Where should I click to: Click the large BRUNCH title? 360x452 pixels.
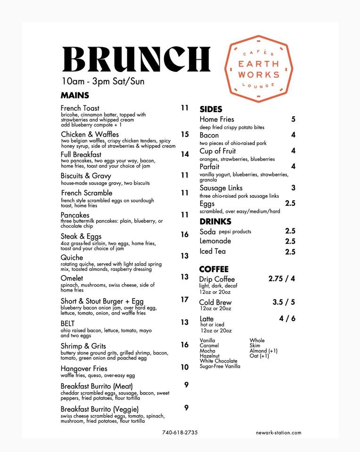(136, 59)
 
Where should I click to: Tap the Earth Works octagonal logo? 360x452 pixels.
(259, 69)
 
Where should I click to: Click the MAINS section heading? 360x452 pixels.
(75, 95)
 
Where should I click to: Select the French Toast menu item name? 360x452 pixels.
(80, 108)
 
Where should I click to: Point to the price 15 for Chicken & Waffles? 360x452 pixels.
(185, 135)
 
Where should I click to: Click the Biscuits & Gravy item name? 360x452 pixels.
(86, 176)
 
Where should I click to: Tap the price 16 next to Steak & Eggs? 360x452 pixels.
(185, 234)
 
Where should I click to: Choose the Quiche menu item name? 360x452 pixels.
(72, 258)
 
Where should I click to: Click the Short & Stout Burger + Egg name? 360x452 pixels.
(102, 301)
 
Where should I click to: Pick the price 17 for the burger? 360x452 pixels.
(185, 299)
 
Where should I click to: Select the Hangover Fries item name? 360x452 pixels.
(84, 369)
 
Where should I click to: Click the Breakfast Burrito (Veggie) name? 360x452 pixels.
(99, 409)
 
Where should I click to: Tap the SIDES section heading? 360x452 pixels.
(211, 109)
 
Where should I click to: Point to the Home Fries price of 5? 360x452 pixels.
(293, 120)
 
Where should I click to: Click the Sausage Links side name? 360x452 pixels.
(221, 188)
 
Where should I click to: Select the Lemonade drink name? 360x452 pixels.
(215, 241)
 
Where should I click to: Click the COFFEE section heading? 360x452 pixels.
(213, 269)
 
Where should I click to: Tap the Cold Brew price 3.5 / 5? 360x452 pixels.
(284, 302)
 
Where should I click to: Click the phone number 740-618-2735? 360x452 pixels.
(180, 432)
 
